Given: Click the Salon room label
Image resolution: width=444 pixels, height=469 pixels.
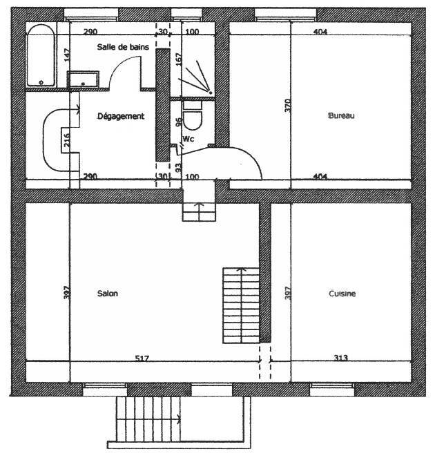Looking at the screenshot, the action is click(107, 294).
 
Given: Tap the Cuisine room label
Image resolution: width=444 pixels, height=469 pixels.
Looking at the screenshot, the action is click(342, 294).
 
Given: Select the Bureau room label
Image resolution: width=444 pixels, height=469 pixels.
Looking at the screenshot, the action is click(341, 116).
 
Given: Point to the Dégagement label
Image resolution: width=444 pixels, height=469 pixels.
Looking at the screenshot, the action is click(121, 116).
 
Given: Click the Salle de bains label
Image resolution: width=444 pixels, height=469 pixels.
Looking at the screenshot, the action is click(123, 47).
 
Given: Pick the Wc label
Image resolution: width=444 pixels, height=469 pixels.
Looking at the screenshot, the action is click(188, 139).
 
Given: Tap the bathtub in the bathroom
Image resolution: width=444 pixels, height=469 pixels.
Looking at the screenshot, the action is click(41, 56).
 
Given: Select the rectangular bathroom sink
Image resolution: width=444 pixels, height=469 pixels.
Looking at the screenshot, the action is click(83, 79).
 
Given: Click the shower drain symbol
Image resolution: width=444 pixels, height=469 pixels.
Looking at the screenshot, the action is click(209, 92).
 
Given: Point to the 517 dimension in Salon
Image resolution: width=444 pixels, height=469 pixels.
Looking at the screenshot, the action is click(142, 358).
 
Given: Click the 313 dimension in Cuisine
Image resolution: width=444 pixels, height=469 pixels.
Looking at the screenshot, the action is click(341, 358).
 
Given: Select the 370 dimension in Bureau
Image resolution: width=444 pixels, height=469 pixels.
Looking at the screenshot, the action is click(287, 105).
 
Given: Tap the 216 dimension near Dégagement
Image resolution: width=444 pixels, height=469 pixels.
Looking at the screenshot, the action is click(67, 140).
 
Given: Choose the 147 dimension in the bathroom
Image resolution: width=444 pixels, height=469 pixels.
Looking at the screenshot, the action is click(67, 55).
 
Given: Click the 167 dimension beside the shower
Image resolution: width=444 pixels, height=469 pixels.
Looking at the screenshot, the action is click(178, 59).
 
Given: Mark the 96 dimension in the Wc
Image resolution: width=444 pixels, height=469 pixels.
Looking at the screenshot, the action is click(178, 122).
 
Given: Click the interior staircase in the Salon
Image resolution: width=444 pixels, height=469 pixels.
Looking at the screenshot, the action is click(241, 305).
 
